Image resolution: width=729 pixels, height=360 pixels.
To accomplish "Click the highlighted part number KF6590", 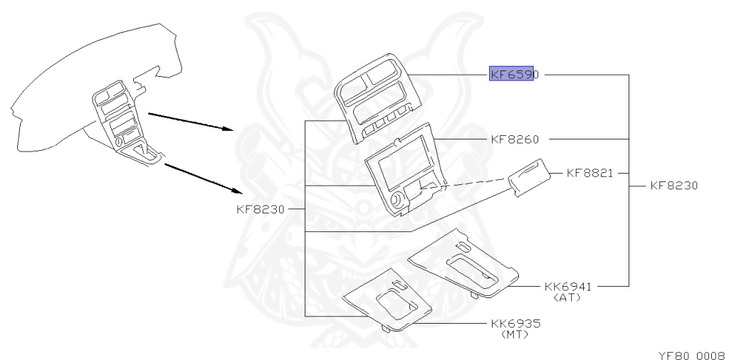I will point(511,74).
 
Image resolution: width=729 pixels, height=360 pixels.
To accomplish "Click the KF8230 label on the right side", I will point(674,185).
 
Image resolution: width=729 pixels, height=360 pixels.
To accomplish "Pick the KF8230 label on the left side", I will point(260,210).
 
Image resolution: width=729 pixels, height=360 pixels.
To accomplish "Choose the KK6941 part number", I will point(568,286).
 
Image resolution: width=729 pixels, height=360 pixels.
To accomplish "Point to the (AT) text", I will point(567,297).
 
